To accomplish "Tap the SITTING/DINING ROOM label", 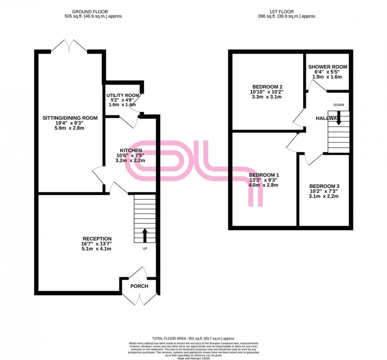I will coord(70,118).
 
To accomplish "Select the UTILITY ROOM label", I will coord(123,96).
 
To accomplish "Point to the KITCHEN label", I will coord(131,150).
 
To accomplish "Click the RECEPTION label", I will coord(97,238).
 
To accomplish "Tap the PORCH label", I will coord(140,286).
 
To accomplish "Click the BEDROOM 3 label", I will coord(324,186).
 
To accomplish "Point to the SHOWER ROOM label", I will coord(328,67).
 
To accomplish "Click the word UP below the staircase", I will coord(145,249).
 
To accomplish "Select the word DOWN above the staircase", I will coord(338,105).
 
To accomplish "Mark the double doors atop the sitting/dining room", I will coord(70,46).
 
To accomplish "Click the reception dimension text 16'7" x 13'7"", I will coord(97,244).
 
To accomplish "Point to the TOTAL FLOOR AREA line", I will coord(193,339).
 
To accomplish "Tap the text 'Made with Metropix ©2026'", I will coord(193,358).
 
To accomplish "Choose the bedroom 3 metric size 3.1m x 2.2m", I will coord(324,196).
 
